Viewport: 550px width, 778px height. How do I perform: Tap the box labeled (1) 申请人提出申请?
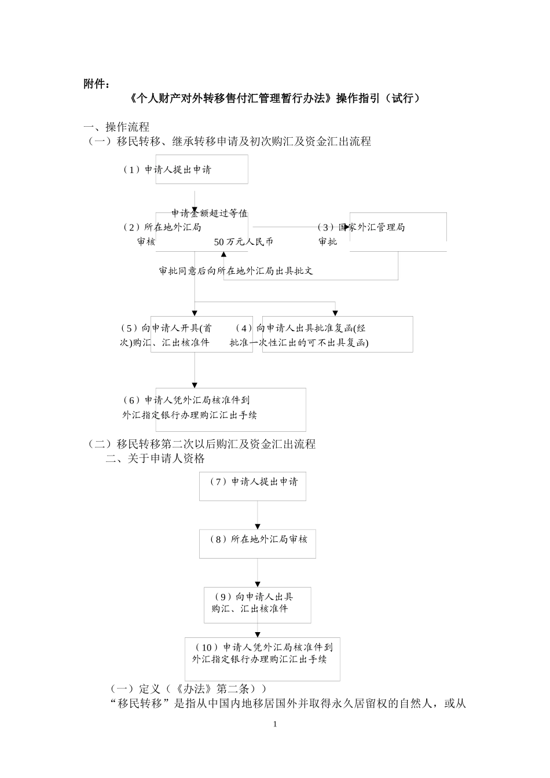point(201,170)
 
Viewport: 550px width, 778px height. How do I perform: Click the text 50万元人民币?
point(243,242)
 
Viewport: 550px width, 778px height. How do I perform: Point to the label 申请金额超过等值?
point(210,214)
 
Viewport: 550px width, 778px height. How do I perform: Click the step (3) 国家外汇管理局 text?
point(362,227)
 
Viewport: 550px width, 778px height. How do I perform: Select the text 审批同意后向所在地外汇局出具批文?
point(236,271)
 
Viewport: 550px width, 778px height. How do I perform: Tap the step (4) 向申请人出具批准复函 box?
point(337,335)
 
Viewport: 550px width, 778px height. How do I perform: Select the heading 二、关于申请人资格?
point(155,459)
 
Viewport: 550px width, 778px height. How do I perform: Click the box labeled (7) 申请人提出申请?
point(252,486)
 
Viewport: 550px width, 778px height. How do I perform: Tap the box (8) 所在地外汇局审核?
point(257,543)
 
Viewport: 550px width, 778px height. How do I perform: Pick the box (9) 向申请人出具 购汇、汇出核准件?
point(257,604)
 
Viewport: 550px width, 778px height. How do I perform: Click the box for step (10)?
point(262,659)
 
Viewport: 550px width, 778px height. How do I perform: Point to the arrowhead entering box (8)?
point(258,525)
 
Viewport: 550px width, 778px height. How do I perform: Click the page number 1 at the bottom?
point(275,725)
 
